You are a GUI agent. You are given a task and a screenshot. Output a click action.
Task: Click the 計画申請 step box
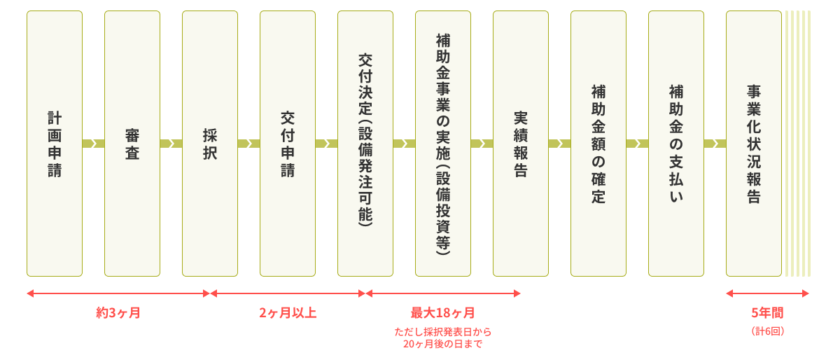tap(55, 144)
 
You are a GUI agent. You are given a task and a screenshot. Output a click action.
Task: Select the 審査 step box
tap(132, 144)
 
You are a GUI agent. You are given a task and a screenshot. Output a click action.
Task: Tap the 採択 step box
tap(210, 144)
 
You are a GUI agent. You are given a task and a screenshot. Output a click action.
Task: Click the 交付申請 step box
tap(288, 144)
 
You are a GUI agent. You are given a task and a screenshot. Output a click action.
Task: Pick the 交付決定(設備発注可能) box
tap(365, 144)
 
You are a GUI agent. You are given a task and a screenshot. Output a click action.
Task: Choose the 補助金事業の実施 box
tap(443, 144)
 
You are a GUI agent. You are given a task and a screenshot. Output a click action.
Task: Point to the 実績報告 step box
tap(521, 144)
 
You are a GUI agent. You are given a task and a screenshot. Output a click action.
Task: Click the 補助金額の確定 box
tap(598, 144)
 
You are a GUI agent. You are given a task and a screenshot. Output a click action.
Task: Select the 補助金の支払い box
tap(676, 144)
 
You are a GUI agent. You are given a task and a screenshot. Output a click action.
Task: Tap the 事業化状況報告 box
tap(754, 144)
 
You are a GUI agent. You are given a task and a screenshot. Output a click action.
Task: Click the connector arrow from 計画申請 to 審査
tap(93, 144)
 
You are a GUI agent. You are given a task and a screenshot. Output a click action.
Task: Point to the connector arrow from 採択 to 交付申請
tap(248, 144)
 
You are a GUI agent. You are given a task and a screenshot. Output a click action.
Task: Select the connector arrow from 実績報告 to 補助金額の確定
tap(559, 144)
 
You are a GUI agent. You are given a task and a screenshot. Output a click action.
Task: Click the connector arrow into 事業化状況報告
tap(715, 144)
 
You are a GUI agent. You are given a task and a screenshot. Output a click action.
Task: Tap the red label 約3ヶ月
tap(118, 312)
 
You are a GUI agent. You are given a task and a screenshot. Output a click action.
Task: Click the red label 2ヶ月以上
tap(288, 312)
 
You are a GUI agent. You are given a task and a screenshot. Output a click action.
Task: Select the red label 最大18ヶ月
tap(443, 312)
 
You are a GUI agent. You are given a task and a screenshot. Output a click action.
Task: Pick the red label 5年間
tap(767, 312)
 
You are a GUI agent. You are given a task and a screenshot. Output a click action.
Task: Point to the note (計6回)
tap(768, 331)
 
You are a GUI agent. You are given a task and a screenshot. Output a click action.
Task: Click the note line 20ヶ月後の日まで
tap(443, 344)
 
